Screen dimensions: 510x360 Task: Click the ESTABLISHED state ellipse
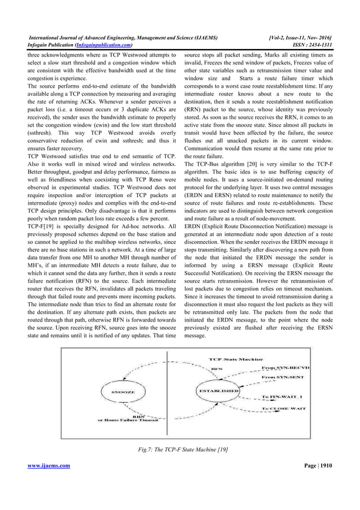(x=217, y=390)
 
